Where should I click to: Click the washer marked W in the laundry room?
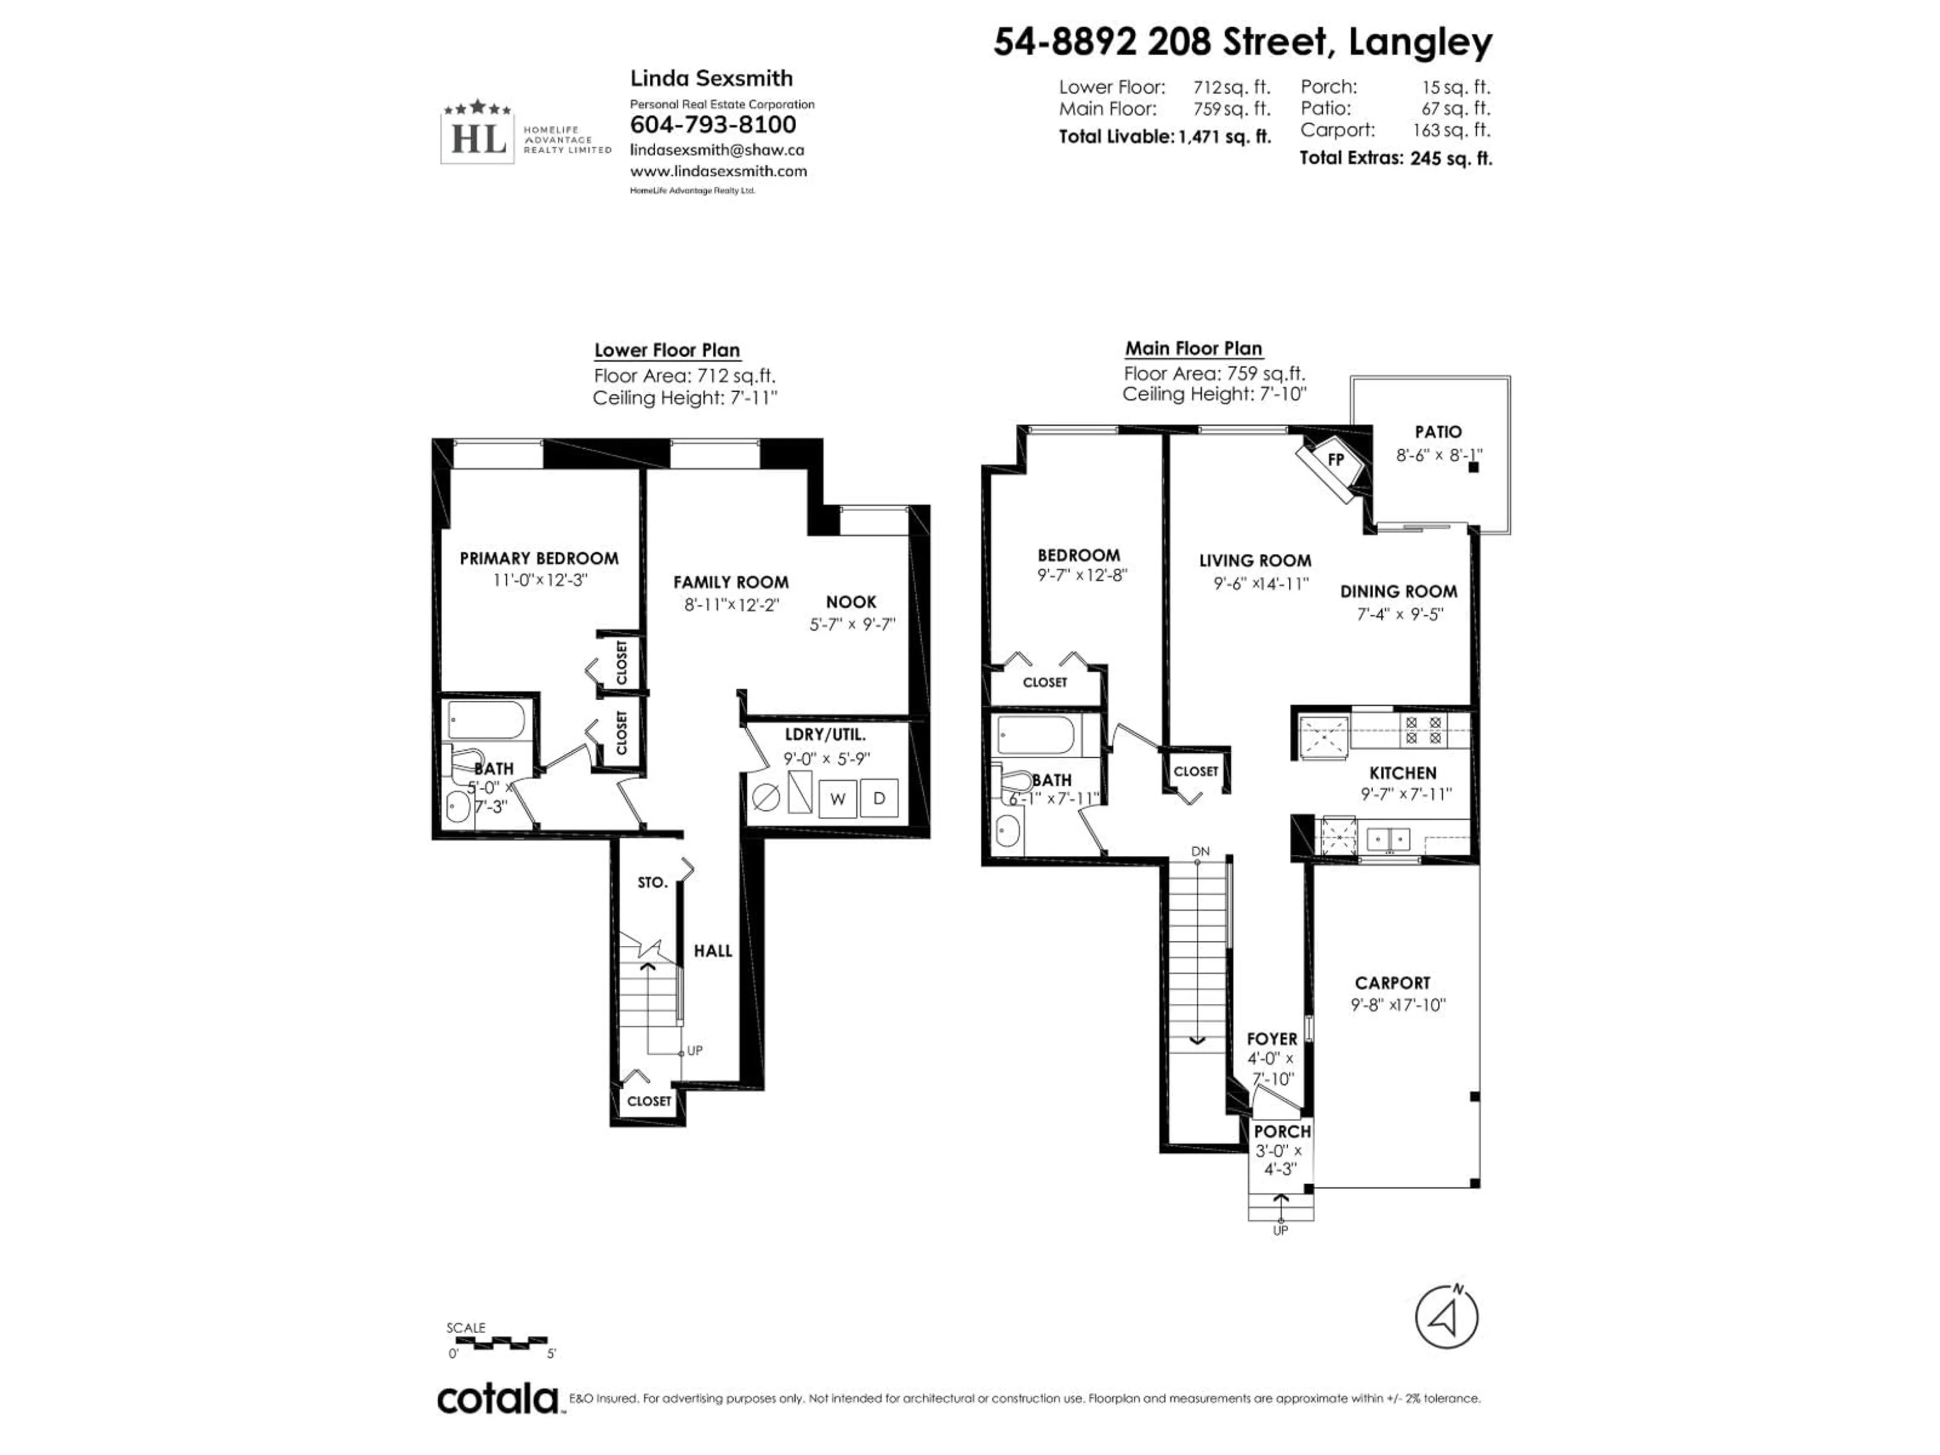click(838, 799)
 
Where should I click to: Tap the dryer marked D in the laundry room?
click(879, 798)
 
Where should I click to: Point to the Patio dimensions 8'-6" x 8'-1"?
click(1438, 455)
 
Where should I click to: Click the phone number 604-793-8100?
click(712, 125)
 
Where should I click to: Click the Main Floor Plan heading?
click(1193, 348)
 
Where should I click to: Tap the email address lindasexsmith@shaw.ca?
click(716, 150)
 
